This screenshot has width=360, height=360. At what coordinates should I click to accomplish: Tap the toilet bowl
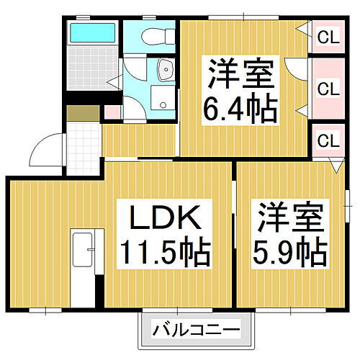[153, 36]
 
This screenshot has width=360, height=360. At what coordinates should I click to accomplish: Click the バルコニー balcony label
[196, 332]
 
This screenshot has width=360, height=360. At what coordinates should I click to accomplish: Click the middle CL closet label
[328, 89]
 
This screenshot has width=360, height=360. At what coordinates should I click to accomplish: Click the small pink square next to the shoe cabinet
[111, 113]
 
